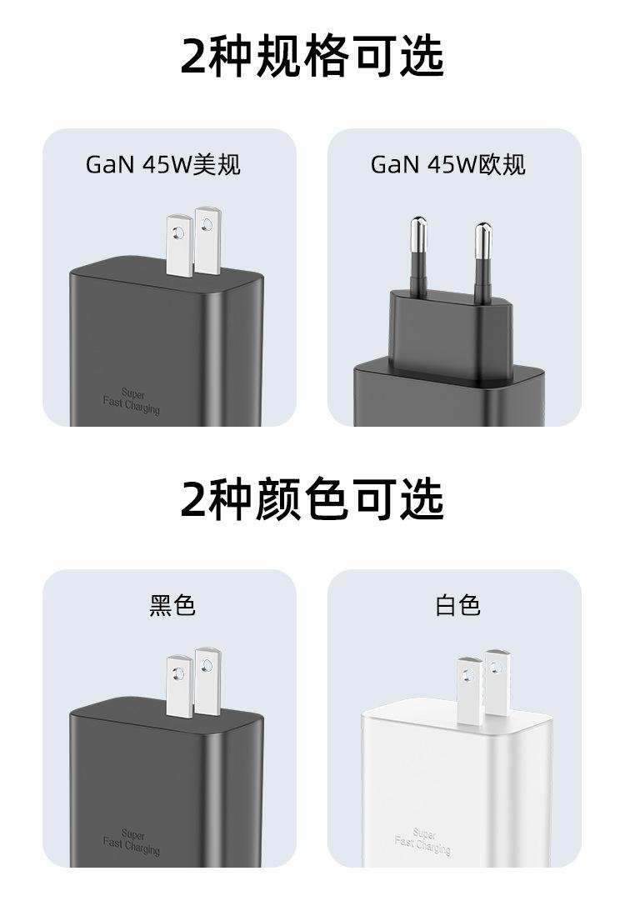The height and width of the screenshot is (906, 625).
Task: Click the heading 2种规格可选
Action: coord(312,56)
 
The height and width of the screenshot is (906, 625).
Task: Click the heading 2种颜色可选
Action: coord(312,498)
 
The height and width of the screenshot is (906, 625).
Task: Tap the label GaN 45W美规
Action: coord(163,164)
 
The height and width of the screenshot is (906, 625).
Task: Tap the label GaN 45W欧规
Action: coord(448,164)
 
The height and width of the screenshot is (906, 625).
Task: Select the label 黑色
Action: coord(172,605)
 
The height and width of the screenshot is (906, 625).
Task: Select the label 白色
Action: coord(457,605)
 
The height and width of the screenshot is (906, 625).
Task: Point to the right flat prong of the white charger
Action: coord(497,679)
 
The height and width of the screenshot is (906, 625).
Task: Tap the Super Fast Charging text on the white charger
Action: coord(423,841)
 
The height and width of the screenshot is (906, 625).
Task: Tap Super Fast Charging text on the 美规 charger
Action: coord(132,401)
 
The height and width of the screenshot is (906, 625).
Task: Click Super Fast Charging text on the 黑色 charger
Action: coord(132,841)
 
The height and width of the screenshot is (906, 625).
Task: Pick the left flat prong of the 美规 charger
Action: coord(179,246)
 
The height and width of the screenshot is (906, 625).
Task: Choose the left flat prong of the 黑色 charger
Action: coord(179,686)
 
